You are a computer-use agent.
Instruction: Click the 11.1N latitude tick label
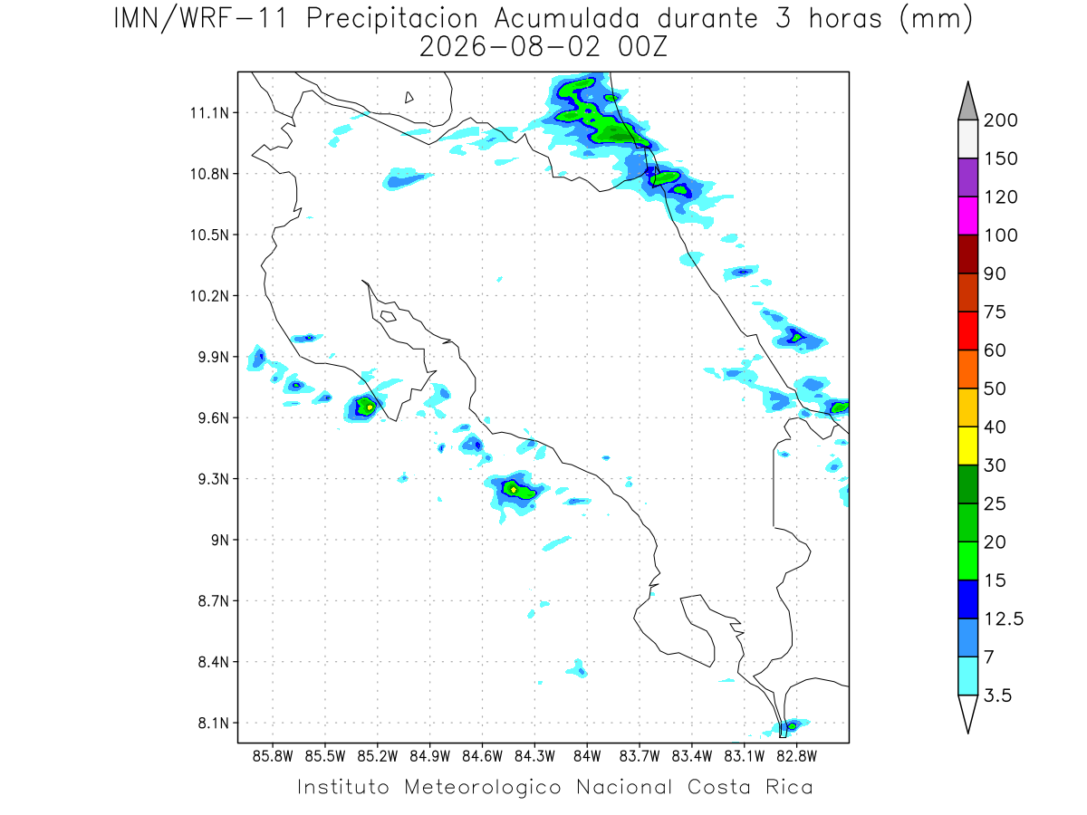(x=210, y=113)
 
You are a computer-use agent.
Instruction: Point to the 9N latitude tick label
(x=220, y=540)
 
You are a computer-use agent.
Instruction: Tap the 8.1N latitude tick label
(x=214, y=723)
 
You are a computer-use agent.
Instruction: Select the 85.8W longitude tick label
(x=273, y=757)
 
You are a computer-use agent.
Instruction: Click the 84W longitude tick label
(x=587, y=757)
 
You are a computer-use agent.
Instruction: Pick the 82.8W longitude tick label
(x=797, y=757)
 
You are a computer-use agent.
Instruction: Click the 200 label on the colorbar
(x=1000, y=120)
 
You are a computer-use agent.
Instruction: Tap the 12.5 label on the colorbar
(x=1004, y=619)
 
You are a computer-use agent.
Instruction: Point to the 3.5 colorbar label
(x=997, y=695)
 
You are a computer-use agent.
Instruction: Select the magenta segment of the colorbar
(x=968, y=216)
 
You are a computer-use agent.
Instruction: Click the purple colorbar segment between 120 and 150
(x=968, y=177)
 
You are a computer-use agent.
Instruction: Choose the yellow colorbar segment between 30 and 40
(x=968, y=446)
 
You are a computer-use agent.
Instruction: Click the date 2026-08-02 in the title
(x=510, y=47)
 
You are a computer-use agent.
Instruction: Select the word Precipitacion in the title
(x=392, y=19)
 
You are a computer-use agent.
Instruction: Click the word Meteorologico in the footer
(x=482, y=788)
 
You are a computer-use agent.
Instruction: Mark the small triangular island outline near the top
(x=409, y=97)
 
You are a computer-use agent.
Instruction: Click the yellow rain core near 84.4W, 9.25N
(x=514, y=490)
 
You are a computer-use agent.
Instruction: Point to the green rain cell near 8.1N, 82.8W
(x=792, y=726)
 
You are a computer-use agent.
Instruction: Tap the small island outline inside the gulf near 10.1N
(x=389, y=316)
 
